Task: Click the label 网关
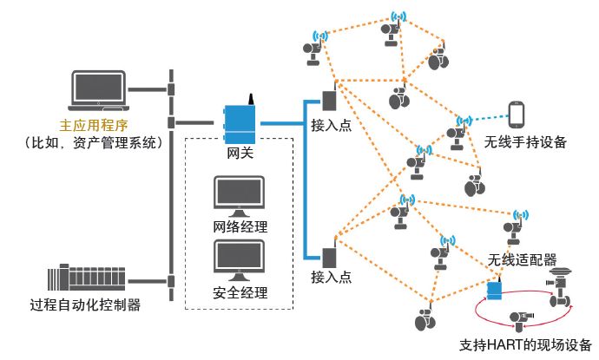(x=240, y=154)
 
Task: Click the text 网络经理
(x=240, y=227)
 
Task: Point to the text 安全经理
(x=240, y=291)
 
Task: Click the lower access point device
(x=330, y=258)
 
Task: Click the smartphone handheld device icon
(x=518, y=115)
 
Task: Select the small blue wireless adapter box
(x=496, y=289)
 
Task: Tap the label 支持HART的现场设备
(x=525, y=344)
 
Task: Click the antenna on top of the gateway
(x=250, y=98)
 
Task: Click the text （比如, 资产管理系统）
(x=90, y=141)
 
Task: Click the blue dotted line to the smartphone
(x=486, y=117)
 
